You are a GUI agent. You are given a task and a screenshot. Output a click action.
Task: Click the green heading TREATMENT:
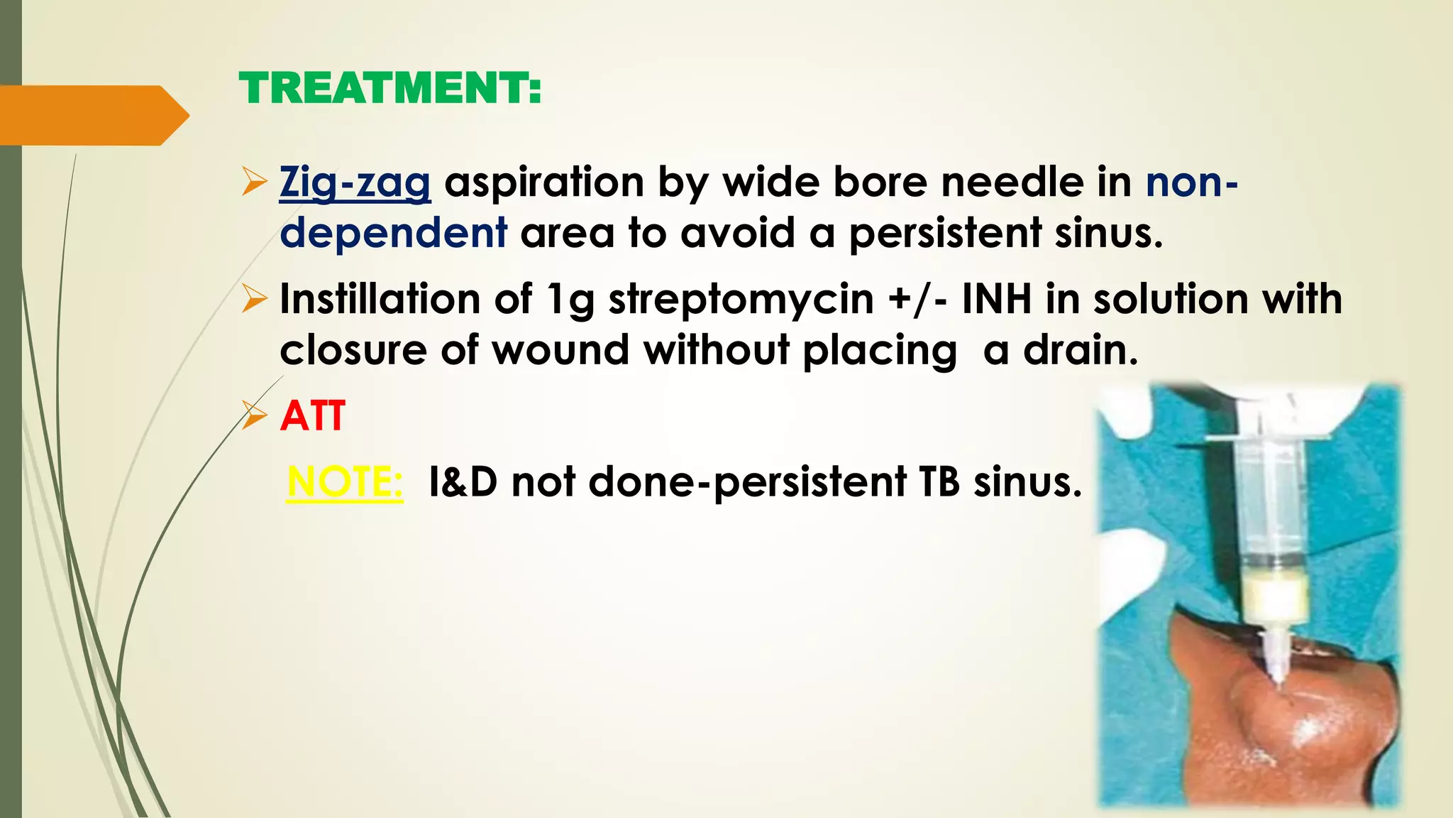click(x=390, y=89)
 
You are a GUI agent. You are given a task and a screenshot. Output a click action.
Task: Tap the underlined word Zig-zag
click(x=355, y=183)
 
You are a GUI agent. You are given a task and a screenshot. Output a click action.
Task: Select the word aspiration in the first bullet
click(x=543, y=183)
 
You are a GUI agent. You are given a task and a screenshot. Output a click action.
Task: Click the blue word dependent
click(x=394, y=233)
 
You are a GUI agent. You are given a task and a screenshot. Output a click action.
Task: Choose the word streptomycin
click(x=741, y=300)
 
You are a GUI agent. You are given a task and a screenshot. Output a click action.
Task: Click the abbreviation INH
click(x=996, y=298)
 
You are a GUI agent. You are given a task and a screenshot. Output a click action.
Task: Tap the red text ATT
click(x=313, y=416)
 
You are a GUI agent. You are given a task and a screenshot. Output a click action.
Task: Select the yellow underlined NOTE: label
click(x=345, y=482)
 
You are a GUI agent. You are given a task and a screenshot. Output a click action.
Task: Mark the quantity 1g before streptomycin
click(x=571, y=300)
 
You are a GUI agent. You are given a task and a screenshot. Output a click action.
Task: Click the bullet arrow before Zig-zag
click(x=253, y=182)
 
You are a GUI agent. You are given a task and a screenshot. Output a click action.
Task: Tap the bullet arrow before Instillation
click(x=253, y=298)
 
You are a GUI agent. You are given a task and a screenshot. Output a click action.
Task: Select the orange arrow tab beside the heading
click(x=92, y=115)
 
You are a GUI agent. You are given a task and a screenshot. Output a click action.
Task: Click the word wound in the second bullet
click(x=560, y=350)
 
